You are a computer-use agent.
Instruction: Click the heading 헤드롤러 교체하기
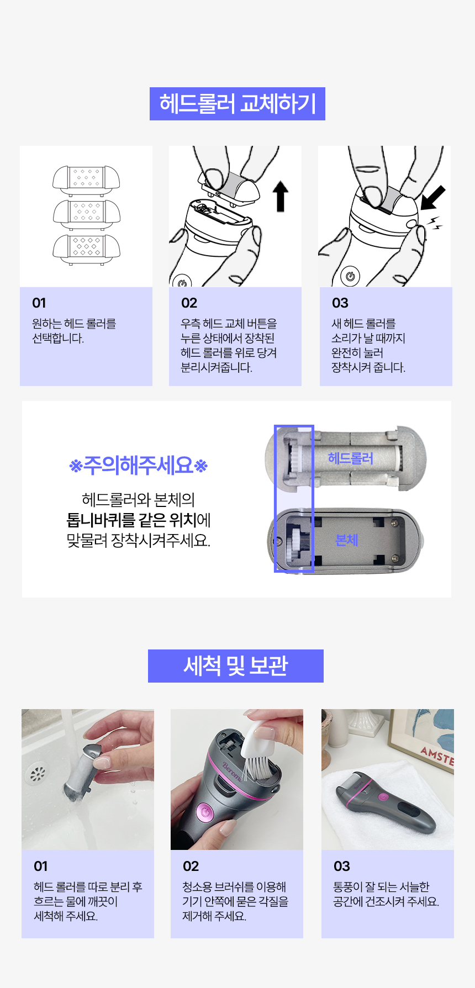(237, 104)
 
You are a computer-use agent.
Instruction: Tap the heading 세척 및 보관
(236, 666)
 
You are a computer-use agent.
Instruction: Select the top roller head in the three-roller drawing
(86, 178)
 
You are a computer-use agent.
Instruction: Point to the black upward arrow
(281, 198)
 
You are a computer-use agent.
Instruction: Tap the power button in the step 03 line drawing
(350, 276)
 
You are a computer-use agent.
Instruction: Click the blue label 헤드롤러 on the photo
(350, 458)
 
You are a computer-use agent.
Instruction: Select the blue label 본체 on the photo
(346, 540)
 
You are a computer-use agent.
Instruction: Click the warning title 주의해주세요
(138, 466)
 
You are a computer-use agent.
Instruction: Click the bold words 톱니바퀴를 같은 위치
(131, 520)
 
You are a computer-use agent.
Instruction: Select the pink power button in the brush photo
(205, 812)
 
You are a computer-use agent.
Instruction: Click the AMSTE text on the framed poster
(436, 755)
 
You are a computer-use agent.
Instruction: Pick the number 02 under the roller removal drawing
(189, 303)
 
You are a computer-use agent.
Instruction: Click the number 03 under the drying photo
(341, 866)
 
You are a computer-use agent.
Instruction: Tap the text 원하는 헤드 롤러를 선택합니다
(73, 331)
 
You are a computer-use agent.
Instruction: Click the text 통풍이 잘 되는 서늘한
(381, 887)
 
